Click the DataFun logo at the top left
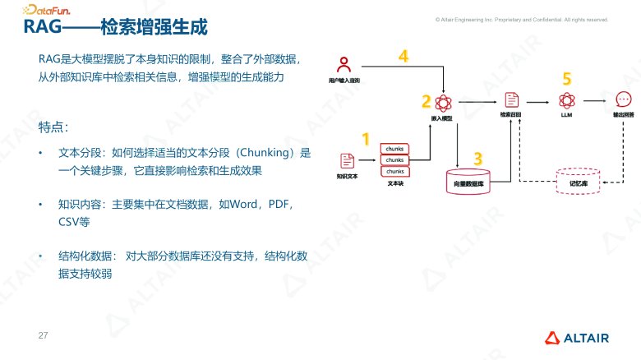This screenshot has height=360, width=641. pos(46,10)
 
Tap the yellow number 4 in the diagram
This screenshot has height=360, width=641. pos(403,57)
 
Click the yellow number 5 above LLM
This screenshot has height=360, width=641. pos(566,79)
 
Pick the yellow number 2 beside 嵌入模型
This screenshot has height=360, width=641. pos(426,102)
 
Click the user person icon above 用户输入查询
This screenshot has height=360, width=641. pos(346,64)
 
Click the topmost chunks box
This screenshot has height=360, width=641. pos(394,150)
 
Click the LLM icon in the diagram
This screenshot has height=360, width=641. pos(565,100)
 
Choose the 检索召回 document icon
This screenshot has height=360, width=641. pos(511,100)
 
